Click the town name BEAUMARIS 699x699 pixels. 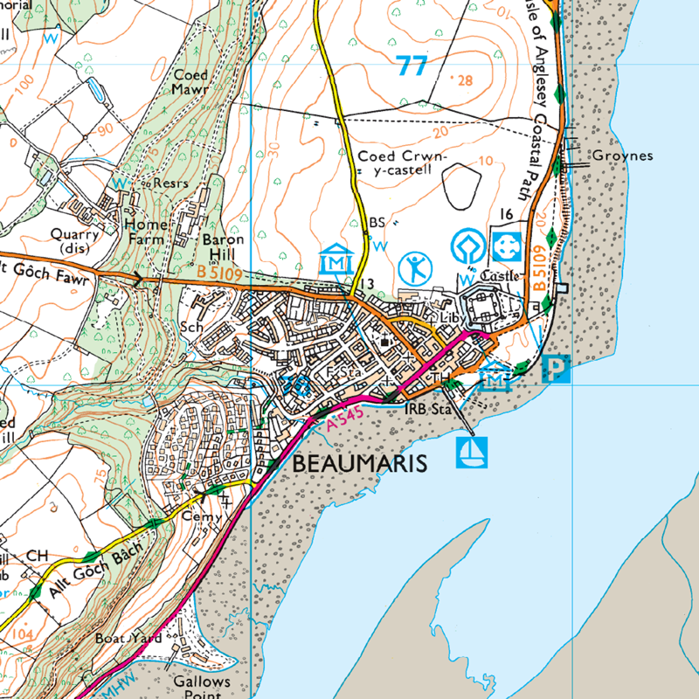[x=360, y=463]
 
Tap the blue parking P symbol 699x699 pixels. [x=556, y=369]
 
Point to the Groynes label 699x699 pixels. [x=622, y=156]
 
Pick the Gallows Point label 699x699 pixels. [x=201, y=689]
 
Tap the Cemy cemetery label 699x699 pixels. [x=197, y=517]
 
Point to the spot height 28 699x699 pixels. [x=463, y=80]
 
